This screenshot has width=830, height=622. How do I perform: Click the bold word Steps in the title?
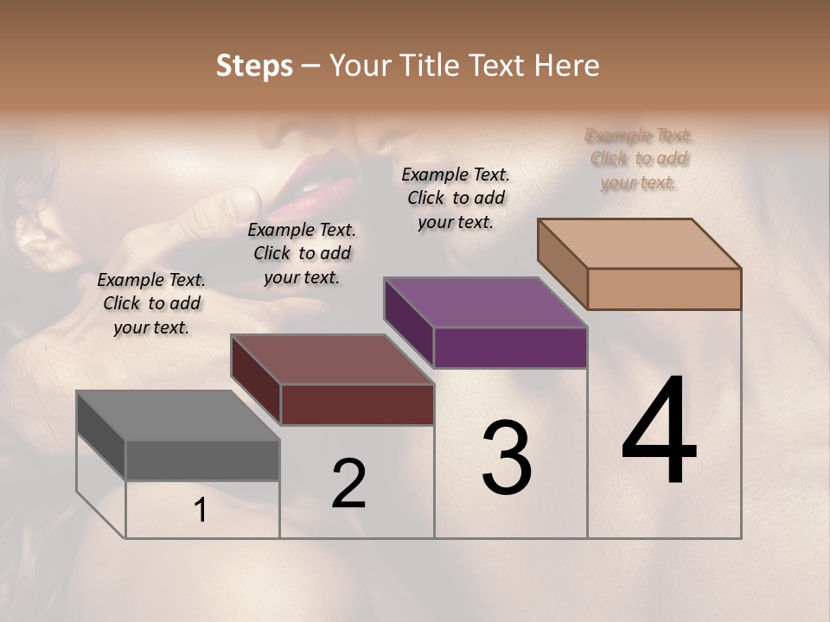pyautogui.click(x=254, y=66)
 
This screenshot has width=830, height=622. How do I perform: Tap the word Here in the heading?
pyautogui.click(x=568, y=66)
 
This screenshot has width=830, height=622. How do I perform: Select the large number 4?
pyautogui.click(x=659, y=432)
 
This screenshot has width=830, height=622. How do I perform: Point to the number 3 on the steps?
pyautogui.click(x=507, y=458)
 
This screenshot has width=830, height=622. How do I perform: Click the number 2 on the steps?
pyautogui.click(x=348, y=484)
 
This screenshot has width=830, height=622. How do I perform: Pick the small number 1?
pyautogui.click(x=201, y=511)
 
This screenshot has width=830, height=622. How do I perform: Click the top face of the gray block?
pyautogui.click(x=177, y=416)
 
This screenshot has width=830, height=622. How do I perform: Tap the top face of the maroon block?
pyautogui.click(x=332, y=359)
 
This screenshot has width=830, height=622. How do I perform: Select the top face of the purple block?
pyautogui.click(x=486, y=302)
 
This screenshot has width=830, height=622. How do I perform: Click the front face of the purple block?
pyautogui.click(x=510, y=348)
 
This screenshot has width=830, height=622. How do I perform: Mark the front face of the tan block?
pyautogui.click(x=664, y=289)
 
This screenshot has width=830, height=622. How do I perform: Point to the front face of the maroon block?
pyautogui.click(x=357, y=404)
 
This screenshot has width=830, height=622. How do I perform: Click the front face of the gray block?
pyautogui.click(x=202, y=460)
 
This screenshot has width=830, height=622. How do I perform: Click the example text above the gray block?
pyautogui.click(x=151, y=303)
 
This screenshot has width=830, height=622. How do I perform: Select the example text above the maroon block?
pyautogui.click(x=302, y=253)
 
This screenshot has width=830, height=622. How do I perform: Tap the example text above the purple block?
pyautogui.click(x=456, y=198)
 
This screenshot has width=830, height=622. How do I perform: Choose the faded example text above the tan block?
pyautogui.click(x=639, y=159)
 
